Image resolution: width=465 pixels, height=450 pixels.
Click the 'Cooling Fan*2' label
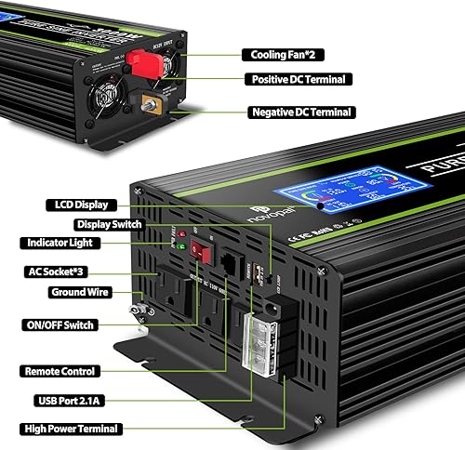point(288,55)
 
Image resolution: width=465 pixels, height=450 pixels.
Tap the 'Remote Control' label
point(68,370)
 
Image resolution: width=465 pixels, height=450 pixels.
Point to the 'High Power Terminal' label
point(73,429)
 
